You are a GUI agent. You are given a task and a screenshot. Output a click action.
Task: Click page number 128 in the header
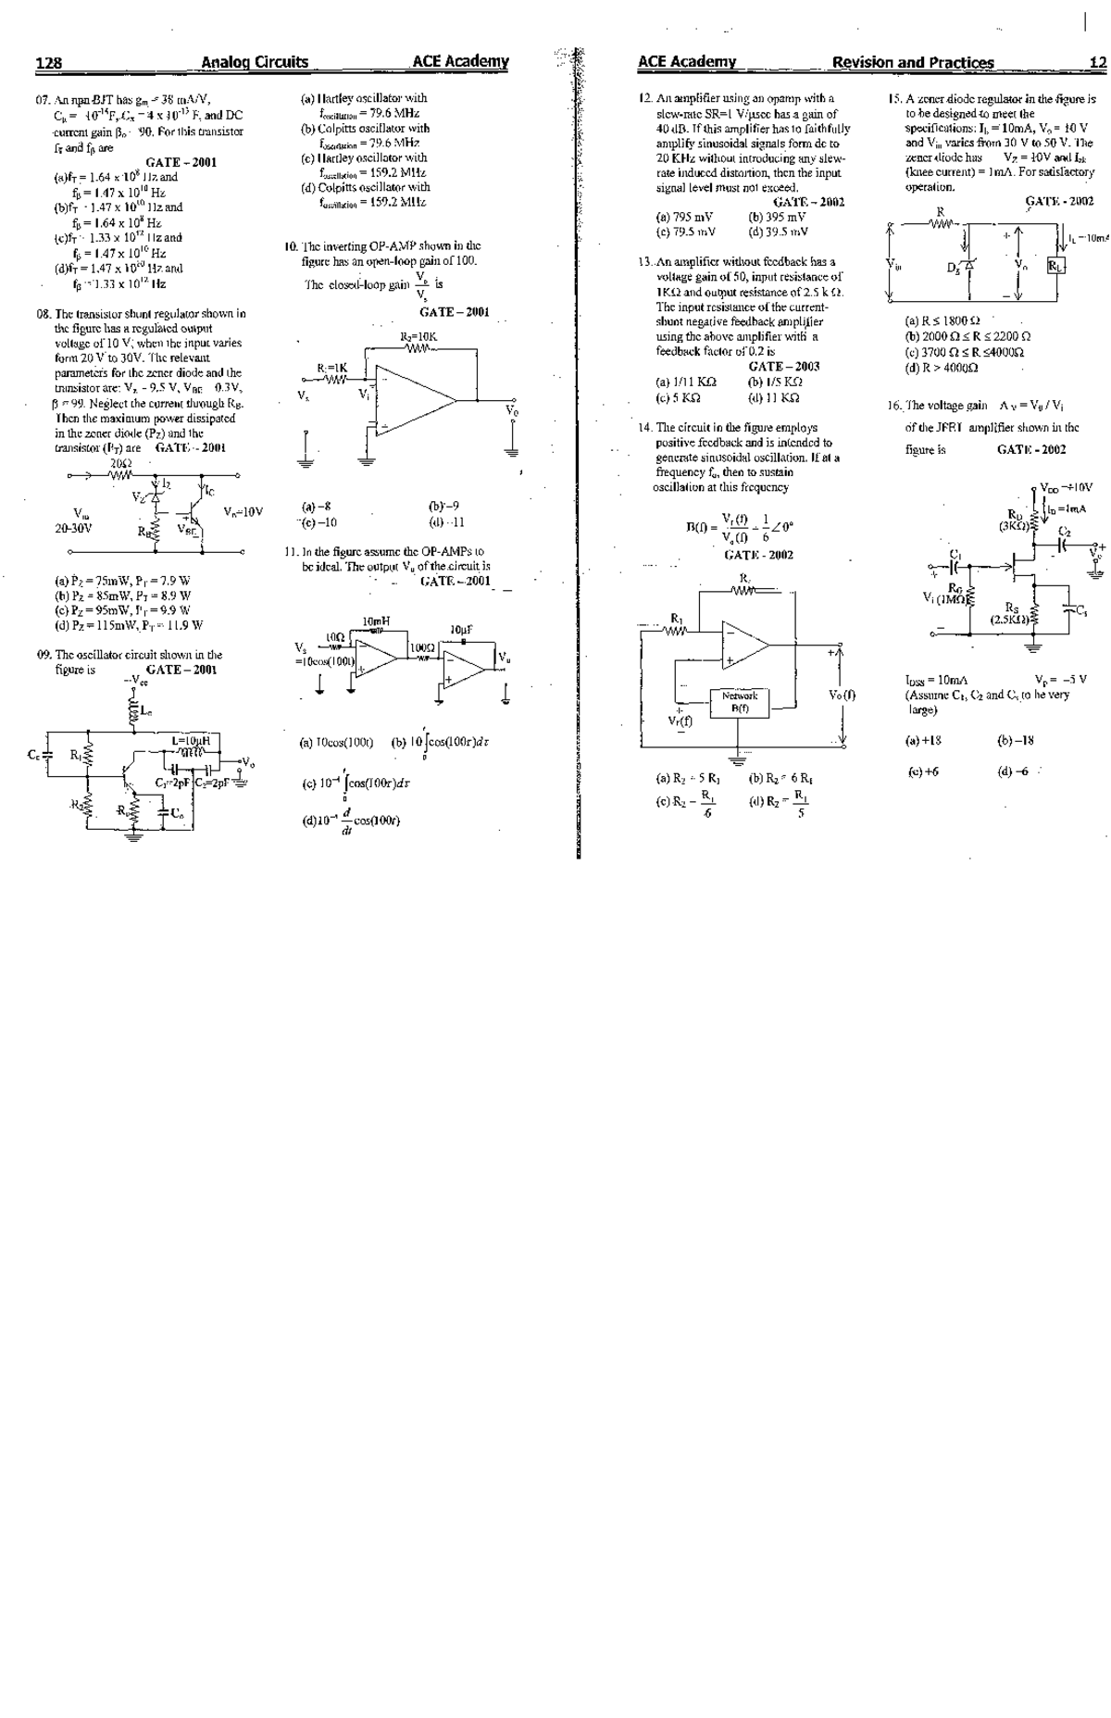click(48, 63)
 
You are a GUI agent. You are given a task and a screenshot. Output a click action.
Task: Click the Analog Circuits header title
click(255, 62)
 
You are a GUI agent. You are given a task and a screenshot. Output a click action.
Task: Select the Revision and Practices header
click(913, 63)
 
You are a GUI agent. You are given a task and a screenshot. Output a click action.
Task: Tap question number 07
click(44, 100)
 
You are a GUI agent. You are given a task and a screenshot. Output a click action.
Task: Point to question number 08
click(44, 313)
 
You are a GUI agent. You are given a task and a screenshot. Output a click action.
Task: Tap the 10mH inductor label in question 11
click(377, 621)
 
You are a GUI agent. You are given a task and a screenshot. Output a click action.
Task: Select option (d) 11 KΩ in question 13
click(775, 397)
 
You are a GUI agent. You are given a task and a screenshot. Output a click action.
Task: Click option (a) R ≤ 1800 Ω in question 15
click(942, 320)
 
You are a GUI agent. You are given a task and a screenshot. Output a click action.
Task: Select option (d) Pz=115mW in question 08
click(130, 625)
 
